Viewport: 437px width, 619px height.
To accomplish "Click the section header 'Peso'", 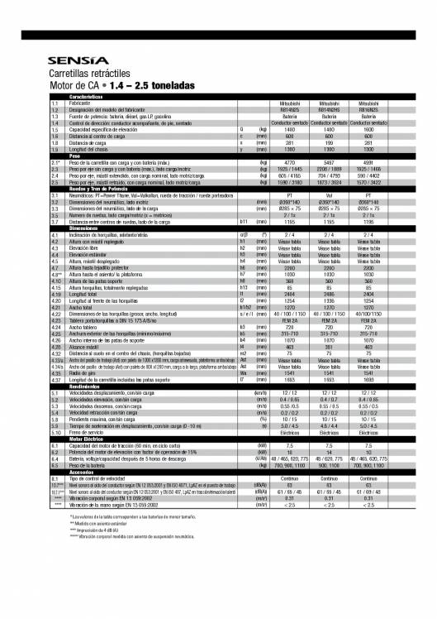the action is click(x=74, y=156).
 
